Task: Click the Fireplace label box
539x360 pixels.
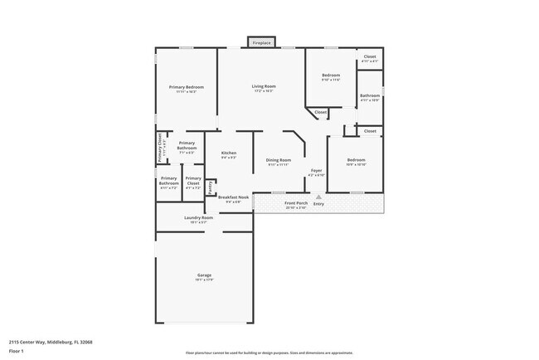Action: pyautogui.click(x=262, y=42)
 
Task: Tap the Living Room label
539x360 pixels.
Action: pyautogui.click(x=265, y=86)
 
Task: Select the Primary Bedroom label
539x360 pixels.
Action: pyautogui.click(x=187, y=87)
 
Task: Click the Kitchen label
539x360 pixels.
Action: pyautogui.click(x=229, y=153)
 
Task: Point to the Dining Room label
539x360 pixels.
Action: pyautogui.click(x=279, y=160)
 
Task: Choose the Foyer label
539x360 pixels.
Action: pyautogui.click(x=317, y=171)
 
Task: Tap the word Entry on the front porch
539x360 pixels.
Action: pyautogui.click(x=318, y=203)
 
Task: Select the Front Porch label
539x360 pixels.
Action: pyautogui.click(x=296, y=203)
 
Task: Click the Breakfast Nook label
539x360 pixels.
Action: pyautogui.click(x=233, y=197)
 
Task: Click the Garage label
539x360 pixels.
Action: pyautogui.click(x=204, y=275)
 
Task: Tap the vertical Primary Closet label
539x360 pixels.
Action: pyautogui.click(x=161, y=149)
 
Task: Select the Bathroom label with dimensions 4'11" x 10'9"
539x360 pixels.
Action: pyautogui.click(x=370, y=96)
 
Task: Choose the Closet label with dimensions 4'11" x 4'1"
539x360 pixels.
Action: pyautogui.click(x=370, y=57)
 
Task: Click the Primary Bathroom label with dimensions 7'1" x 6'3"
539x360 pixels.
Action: pyautogui.click(x=187, y=147)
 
